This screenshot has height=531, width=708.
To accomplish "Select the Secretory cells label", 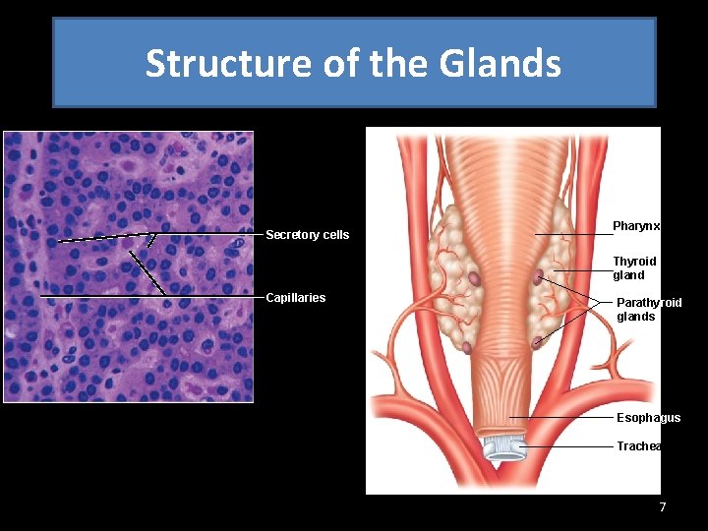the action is click(307, 235).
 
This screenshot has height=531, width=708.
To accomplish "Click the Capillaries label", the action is click(295, 298).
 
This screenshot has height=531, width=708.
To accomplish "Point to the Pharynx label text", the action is click(635, 226).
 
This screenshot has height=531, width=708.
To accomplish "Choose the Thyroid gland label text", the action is click(634, 268).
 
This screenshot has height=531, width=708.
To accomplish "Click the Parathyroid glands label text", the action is click(648, 310).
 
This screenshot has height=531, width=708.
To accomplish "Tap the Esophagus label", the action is click(647, 418).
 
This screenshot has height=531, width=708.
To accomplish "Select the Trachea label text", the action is click(638, 446).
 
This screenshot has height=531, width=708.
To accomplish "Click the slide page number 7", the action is click(662, 507).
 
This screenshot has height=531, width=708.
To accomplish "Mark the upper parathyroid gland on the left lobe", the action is click(473, 279).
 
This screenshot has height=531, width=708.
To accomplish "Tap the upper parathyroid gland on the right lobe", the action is click(538, 278).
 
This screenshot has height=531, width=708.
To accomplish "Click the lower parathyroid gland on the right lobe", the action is click(536, 341).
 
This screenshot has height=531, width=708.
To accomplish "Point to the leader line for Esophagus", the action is click(565, 418).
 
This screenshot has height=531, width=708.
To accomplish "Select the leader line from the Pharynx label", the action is click(570, 234).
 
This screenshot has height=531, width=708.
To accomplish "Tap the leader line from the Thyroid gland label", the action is click(580, 269).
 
